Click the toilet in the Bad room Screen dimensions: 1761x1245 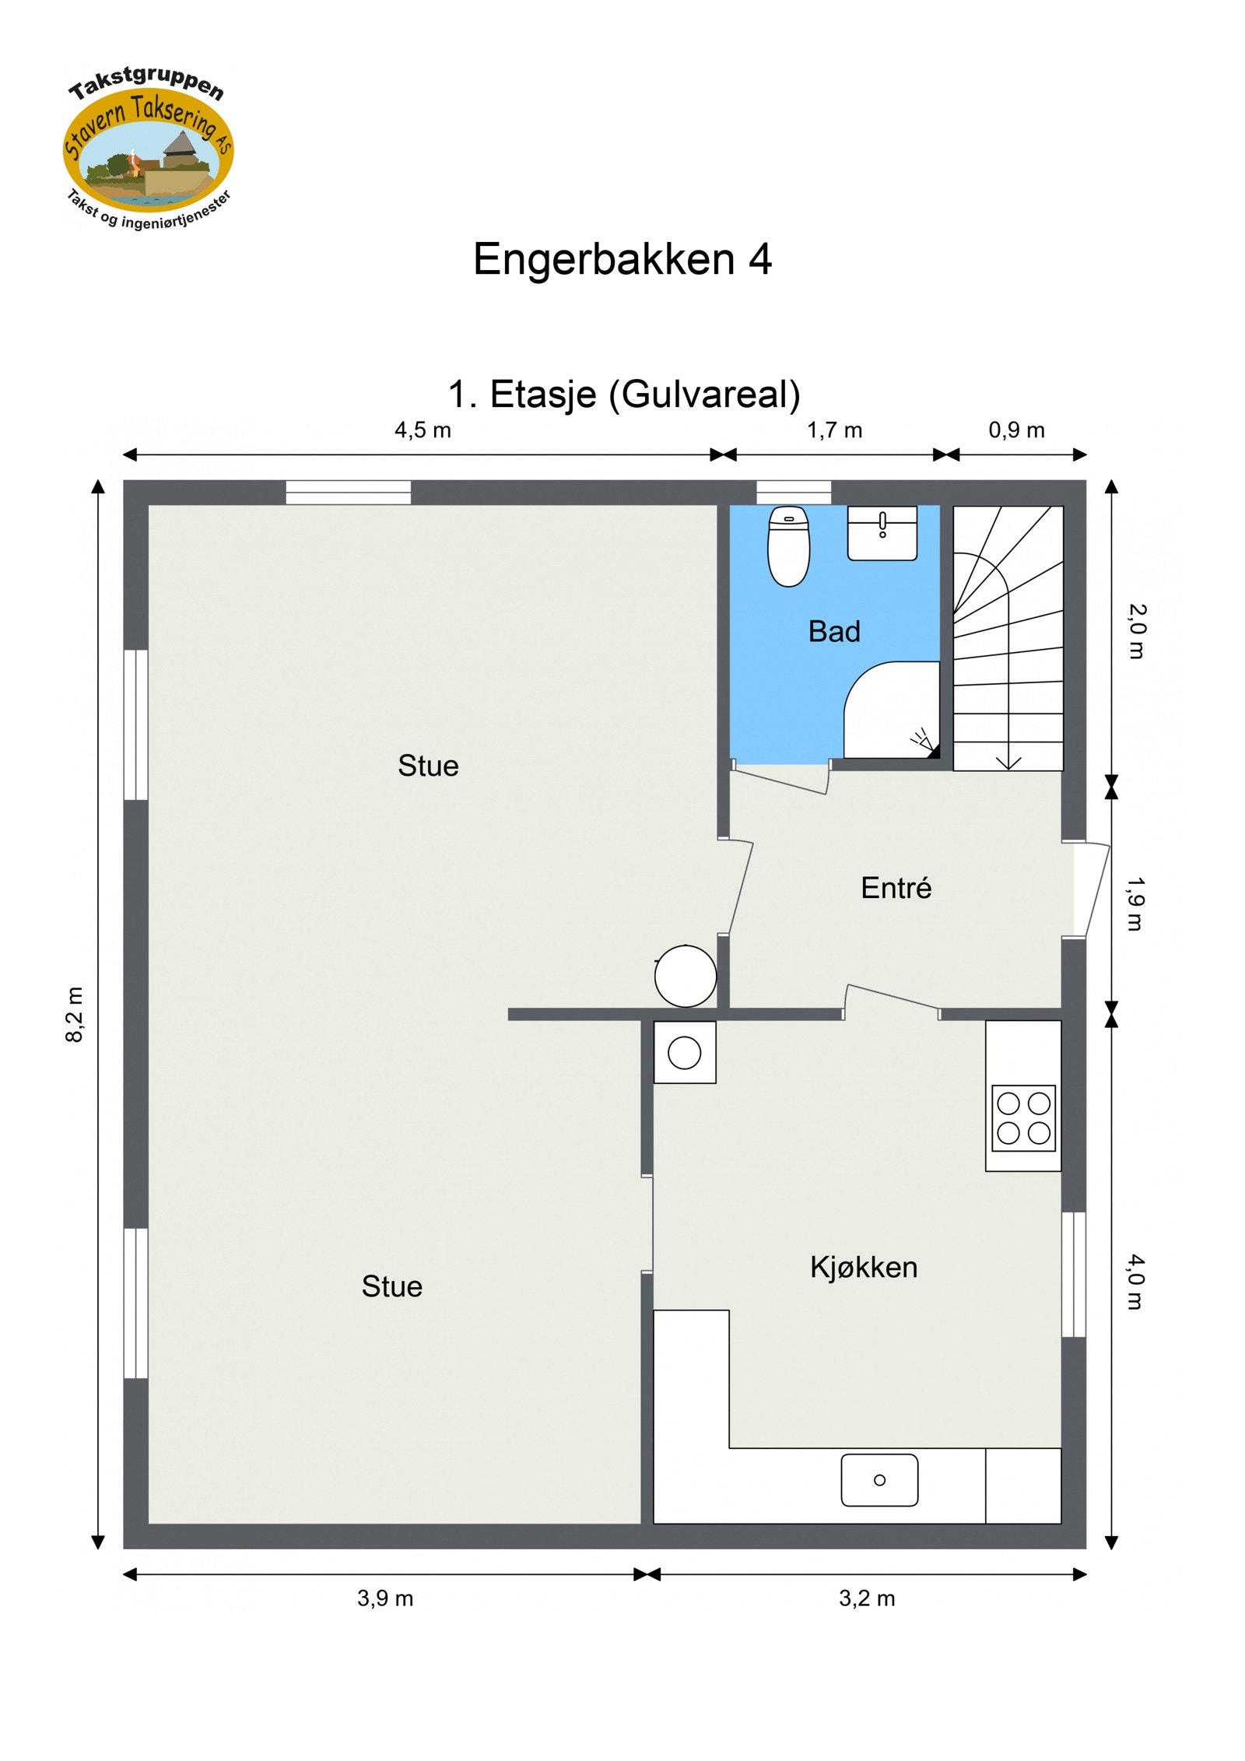tap(788, 546)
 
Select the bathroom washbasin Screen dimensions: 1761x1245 tap(882, 532)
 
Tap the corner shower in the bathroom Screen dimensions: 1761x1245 tap(893, 711)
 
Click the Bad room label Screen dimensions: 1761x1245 tap(834, 632)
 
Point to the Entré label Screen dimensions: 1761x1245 tap(896, 888)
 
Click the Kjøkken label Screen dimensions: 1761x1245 tap(864, 1268)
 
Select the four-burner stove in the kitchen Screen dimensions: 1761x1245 tap(1023, 1118)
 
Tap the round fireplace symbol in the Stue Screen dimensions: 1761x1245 tap(685, 976)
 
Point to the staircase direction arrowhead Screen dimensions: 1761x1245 tap(1008, 763)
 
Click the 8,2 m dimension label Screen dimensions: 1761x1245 tap(75, 1015)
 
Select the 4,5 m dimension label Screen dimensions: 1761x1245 tap(423, 430)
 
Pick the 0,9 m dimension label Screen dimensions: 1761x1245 tap(1016, 430)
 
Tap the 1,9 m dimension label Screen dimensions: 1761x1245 tap(1135, 904)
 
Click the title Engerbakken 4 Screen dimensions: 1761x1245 tap(622, 259)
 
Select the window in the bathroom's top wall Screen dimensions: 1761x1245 tap(794, 493)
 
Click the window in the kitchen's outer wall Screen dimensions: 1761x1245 tap(1074, 1275)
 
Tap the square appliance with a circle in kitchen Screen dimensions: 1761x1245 tap(685, 1053)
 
